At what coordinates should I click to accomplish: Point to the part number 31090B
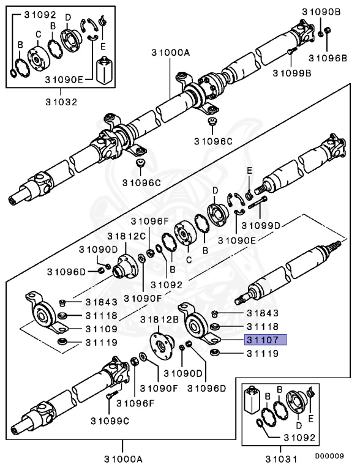[x=321, y=12]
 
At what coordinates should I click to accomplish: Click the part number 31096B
[x=327, y=58]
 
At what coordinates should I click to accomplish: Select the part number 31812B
[x=159, y=319]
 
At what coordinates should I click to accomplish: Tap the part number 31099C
[x=110, y=420]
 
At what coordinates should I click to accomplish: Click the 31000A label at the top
[x=171, y=53]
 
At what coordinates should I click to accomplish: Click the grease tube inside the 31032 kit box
[x=103, y=68]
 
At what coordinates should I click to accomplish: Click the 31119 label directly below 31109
[x=102, y=341]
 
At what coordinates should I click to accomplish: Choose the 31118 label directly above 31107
[x=263, y=327]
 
